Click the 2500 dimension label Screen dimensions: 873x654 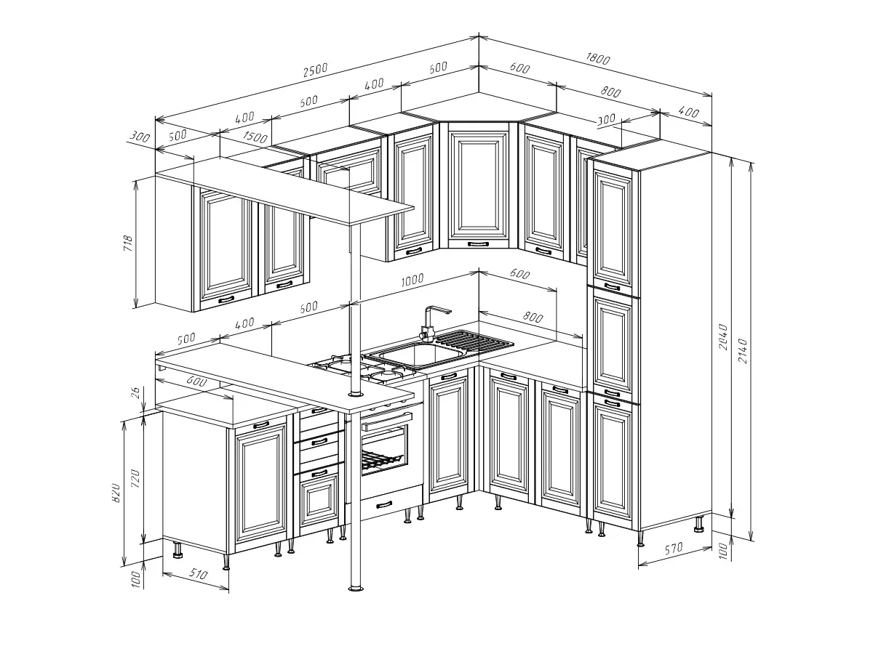pyautogui.click(x=316, y=70)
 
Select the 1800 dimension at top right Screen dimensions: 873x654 pyautogui.click(x=597, y=58)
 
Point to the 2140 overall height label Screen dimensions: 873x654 pyautogui.click(x=742, y=351)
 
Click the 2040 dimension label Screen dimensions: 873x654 pyautogui.click(x=723, y=337)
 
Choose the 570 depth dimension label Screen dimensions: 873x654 pyautogui.click(x=674, y=549)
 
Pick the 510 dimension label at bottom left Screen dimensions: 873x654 pyautogui.click(x=198, y=574)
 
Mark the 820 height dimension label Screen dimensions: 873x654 pyautogui.click(x=116, y=493)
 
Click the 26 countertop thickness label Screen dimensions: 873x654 pyautogui.click(x=135, y=392)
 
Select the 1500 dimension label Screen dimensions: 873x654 pyautogui.click(x=255, y=137)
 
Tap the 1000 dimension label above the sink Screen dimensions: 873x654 pyautogui.click(x=412, y=280)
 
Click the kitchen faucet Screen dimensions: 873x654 pyautogui.click(x=431, y=323)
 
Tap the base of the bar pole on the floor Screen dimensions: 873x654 pyautogui.click(x=356, y=588)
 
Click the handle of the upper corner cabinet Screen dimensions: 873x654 pyautogui.click(x=478, y=244)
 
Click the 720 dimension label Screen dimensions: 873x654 pyautogui.click(x=135, y=478)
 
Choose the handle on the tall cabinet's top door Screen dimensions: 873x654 pyautogui.click(x=612, y=286)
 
